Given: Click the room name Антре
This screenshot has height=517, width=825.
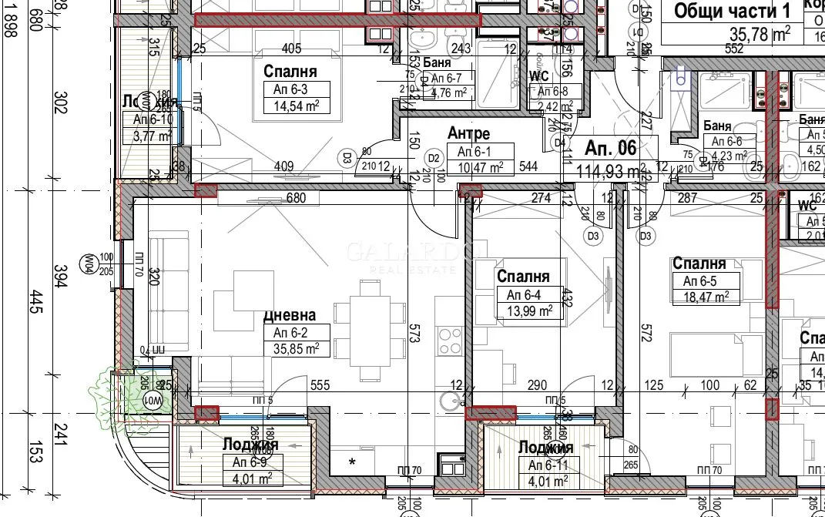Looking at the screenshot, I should [x=468, y=134].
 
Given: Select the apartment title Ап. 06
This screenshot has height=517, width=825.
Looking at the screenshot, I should [x=611, y=148].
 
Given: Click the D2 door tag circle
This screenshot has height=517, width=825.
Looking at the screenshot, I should [x=434, y=159].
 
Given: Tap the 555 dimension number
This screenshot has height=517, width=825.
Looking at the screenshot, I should [x=320, y=385].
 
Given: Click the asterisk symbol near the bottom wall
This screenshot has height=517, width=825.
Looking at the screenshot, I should [x=352, y=462].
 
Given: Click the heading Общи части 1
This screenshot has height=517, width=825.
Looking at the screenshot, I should [x=732, y=12].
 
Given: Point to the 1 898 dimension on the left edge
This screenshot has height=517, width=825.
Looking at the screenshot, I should [x=8, y=23].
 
